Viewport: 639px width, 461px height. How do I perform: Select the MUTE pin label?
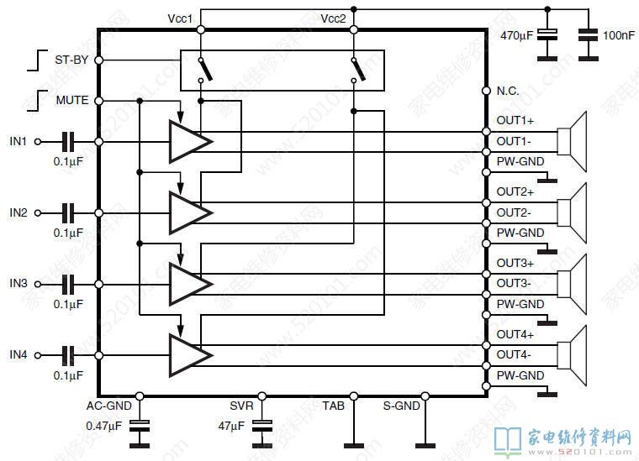(72, 100)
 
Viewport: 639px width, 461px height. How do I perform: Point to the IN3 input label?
(18, 284)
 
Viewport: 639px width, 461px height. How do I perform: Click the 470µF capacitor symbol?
(547, 36)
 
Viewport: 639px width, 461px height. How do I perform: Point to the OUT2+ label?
(515, 191)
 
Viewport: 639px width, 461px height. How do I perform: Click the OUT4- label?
(514, 354)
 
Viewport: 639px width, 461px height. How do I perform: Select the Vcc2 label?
(334, 18)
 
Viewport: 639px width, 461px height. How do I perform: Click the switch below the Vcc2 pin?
(357, 71)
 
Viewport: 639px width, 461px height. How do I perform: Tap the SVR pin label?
(241, 406)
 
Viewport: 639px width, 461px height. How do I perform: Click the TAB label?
(333, 406)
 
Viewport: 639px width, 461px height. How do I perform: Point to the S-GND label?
(402, 406)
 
